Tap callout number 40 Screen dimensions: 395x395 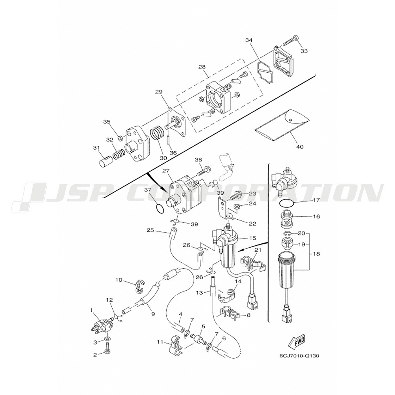[300, 147]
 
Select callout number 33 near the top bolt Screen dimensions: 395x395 [304, 51]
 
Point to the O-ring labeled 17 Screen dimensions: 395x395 [286, 203]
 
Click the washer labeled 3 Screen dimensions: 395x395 [107, 339]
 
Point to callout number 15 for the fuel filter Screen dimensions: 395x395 [252, 238]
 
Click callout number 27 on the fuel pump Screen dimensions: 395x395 [165, 171]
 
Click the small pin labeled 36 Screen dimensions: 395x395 [167, 140]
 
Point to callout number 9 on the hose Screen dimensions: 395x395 [152, 314]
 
